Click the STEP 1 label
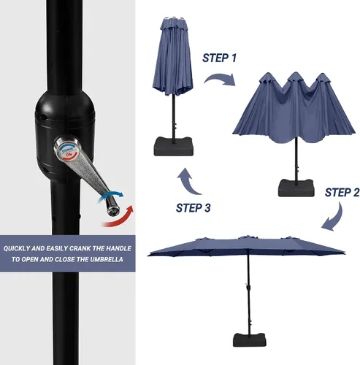[x=219, y=58]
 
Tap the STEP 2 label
[x=342, y=193]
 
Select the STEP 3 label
[x=194, y=208]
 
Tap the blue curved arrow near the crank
[x=111, y=195]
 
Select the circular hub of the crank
[x=67, y=148]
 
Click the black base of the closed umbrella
[x=174, y=147]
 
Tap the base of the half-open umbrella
[x=296, y=188]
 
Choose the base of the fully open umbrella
[x=250, y=339]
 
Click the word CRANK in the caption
[x=80, y=248]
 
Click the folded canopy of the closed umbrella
[x=173, y=56]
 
